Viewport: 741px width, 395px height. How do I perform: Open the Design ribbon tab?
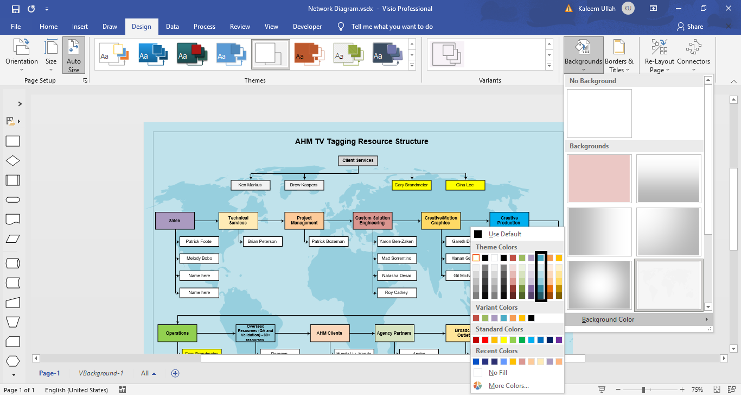point(142,27)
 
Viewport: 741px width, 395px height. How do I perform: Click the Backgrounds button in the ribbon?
point(583,55)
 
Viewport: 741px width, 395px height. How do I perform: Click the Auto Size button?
point(74,55)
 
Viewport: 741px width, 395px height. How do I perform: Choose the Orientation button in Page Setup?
point(22,55)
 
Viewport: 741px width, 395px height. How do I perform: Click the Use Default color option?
point(504,234)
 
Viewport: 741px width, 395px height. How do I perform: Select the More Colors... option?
point(508,386)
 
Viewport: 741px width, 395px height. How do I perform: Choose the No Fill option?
point(497,373)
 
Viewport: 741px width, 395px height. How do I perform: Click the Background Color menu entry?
point(608,319)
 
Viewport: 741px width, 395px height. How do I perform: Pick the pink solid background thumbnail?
point(599,178)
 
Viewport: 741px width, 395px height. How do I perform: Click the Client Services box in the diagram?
point(357,161)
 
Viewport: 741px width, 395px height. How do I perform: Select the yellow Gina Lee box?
point(465,185)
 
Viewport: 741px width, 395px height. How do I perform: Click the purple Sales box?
point(175,221)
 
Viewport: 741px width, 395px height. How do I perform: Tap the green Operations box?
point(177,333)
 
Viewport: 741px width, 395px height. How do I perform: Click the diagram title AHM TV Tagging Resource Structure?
point(361,141)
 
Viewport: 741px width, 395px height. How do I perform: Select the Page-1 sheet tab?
point(49,373)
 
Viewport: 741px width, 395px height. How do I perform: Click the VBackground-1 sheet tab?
point(101,373)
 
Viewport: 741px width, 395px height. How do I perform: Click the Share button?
point(690,27)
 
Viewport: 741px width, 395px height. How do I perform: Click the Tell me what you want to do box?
point(392,27)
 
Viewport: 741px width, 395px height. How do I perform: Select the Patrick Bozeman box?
point(328,241)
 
